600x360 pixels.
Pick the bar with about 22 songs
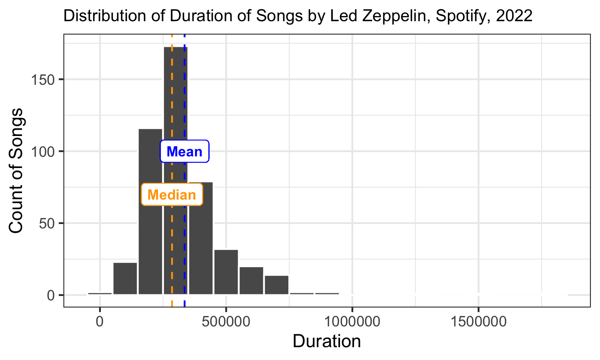click(x=125, y=278)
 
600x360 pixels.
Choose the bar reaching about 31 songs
click(x=226, y=272)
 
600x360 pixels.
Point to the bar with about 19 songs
click(x=251, y=280)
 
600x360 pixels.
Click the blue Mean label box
click(x=184, y=152)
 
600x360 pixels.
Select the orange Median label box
click(x=172, y=195)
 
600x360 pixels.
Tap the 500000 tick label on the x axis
click(x=226, y=321)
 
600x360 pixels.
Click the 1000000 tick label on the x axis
click(x=352, y=321)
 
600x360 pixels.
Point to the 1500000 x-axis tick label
click(x=478, y=321)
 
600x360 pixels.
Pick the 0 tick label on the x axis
click(x=100, y=321)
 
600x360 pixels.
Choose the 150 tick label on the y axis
click(x=43, y=80)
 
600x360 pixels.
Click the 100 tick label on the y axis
click(x=43, y=152)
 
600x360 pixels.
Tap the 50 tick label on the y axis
click(x=47, y=223)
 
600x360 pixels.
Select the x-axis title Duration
click(x=327, y=342)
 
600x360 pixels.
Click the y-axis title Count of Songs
click(x=16, y=171)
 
